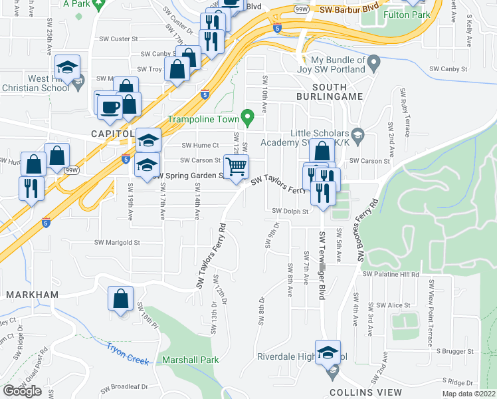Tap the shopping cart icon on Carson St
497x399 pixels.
237,166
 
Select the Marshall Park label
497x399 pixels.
191,360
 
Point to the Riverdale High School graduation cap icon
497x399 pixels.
328,352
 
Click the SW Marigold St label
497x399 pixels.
117,243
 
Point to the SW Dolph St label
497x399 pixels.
290,211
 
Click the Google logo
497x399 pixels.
23,391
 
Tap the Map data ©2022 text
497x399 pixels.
465,394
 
